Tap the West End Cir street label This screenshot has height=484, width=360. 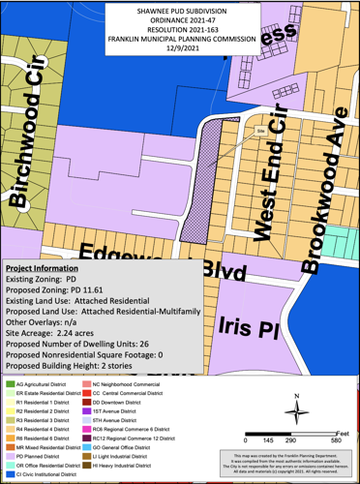click(262, 184)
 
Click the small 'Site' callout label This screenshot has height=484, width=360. click(259, 129)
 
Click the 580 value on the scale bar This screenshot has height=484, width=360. click(334, 440)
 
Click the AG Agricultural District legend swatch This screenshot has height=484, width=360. click(10, 384)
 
